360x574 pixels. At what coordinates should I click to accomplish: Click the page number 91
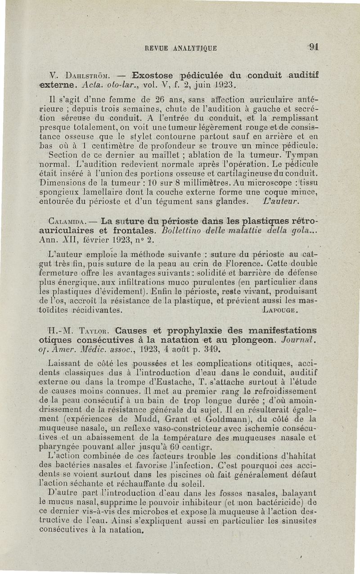point(314,47)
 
